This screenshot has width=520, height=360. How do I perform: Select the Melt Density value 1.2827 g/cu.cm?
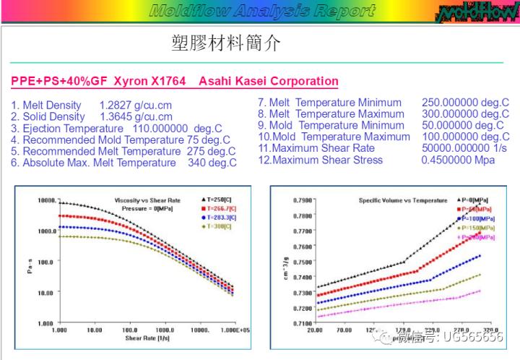[x=136, y=105]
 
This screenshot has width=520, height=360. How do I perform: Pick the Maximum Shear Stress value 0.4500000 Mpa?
[x=458, y=160]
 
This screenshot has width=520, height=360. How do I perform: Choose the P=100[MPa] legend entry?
[x=477, y=218]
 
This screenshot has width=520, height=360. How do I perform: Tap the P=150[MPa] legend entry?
[x=477, y=228]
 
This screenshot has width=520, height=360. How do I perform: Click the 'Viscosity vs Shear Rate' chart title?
[x=147, y=200]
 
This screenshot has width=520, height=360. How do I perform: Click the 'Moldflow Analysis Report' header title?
[x=262, y=11]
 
